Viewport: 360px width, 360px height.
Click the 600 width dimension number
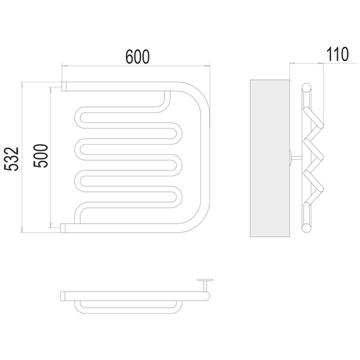(x=137, y=56)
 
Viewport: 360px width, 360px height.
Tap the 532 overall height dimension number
(x=11, y=158)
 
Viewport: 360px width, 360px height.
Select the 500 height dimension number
(x=41, y=155)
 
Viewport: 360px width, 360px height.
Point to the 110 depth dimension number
(x=337, y=54)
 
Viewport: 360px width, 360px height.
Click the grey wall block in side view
(x=269, y=158)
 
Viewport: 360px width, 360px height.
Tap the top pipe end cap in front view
(x=64, y=86)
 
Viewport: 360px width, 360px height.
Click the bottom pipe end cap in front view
(x=62, y=228)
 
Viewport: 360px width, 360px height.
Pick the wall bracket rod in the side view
(x=296, y=157)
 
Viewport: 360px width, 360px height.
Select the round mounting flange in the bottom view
(x=205, y=280)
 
